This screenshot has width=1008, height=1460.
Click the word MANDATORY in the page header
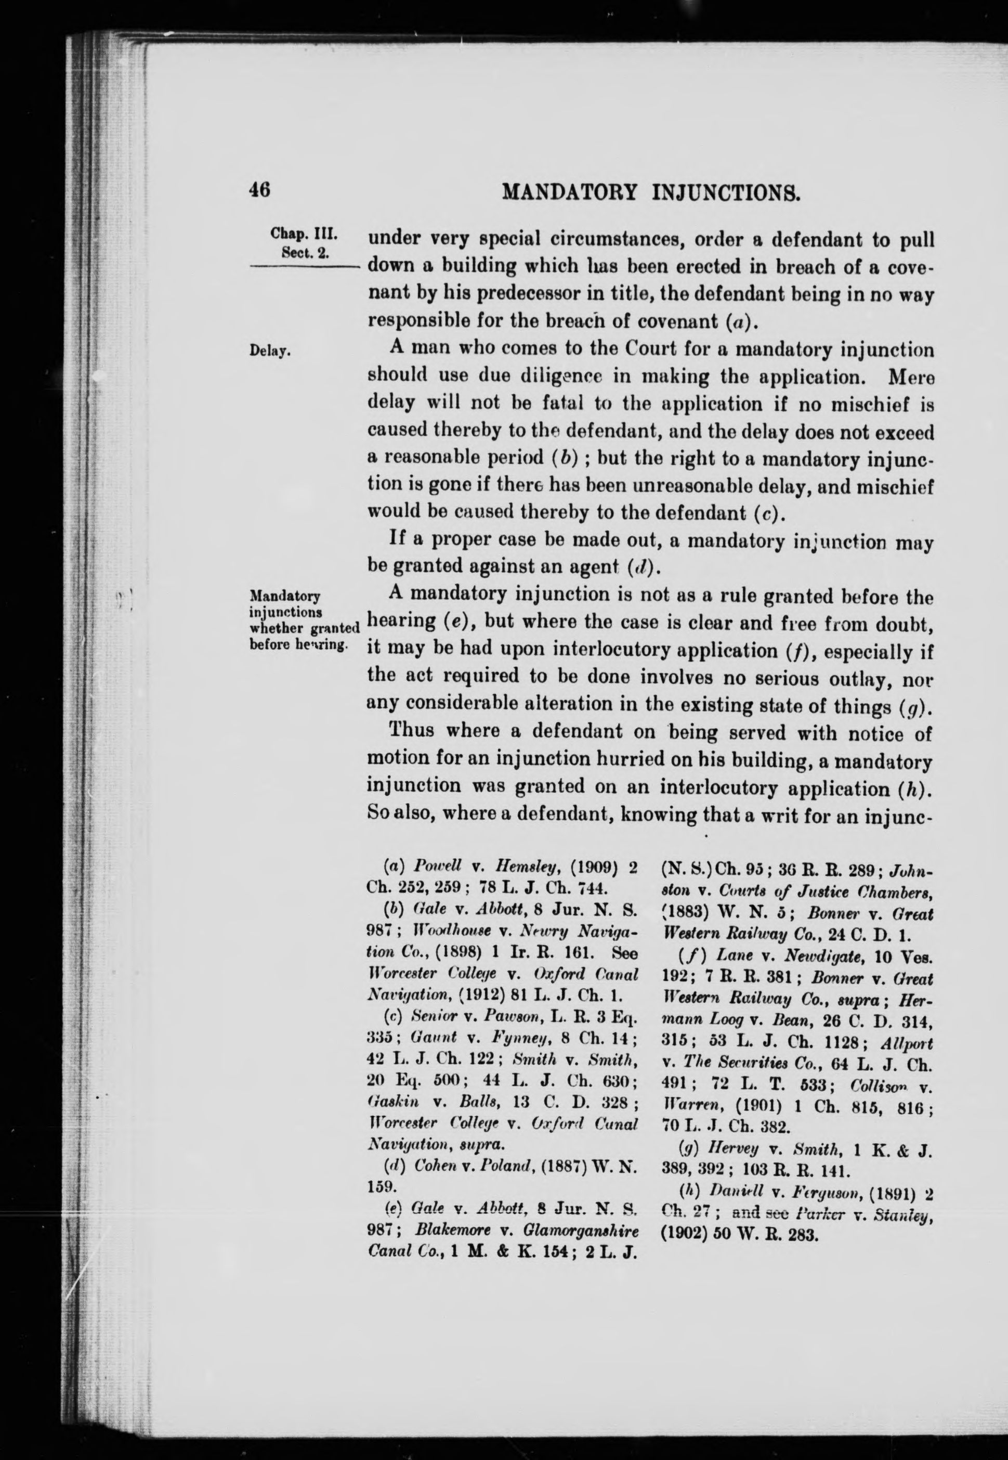pyautogui.click(x=568, y=191)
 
